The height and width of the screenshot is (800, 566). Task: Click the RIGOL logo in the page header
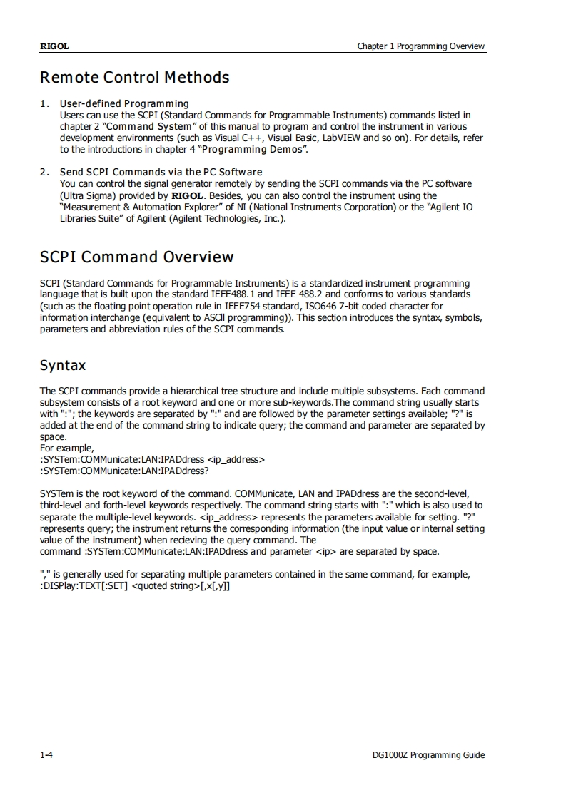(x=54, y=46)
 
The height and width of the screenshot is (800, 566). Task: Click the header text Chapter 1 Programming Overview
(x=421, y=46)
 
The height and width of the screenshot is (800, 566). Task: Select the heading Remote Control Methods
(x=135, y=77)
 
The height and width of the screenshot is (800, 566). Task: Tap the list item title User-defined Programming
(x=124, y=103)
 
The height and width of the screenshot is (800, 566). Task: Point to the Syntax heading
(x=63, y=366)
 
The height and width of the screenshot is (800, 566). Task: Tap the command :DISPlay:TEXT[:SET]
(x=85, y=586)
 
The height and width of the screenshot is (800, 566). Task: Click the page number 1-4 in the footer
(x=46, y=755)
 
